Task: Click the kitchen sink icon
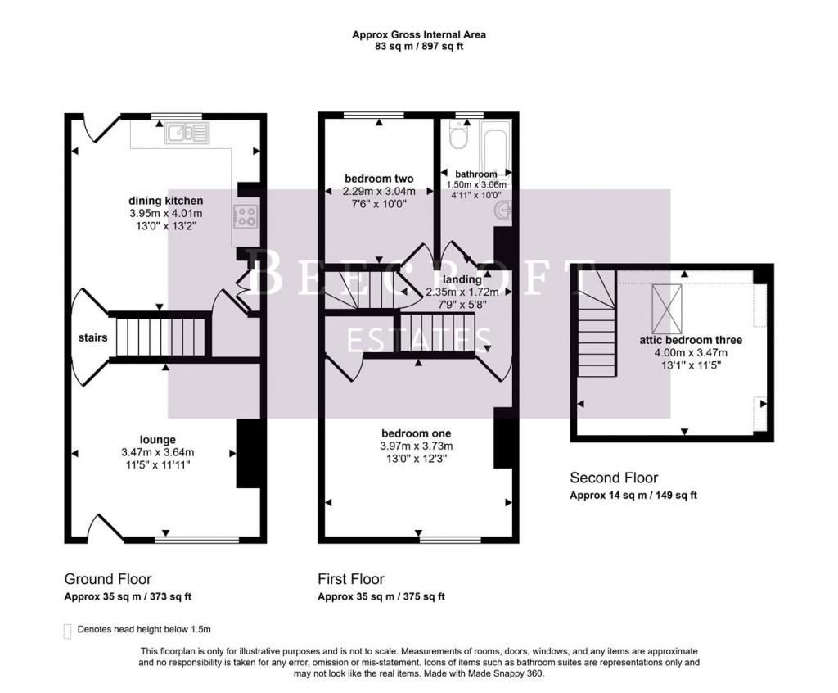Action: coord(187,132)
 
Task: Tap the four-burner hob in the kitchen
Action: coord(246,215)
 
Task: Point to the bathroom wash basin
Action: coord(504,212)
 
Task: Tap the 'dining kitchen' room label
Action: coord(165,201)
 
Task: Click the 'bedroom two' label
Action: coord(379,179)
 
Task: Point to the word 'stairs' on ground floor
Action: coord(92,337)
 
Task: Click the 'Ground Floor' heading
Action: coord(107,579)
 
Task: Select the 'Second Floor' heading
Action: coord(614,478)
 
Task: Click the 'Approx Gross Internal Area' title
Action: coord(418,34)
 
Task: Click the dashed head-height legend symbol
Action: coord(67,630)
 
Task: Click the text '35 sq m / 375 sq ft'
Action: coord(399,596)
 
